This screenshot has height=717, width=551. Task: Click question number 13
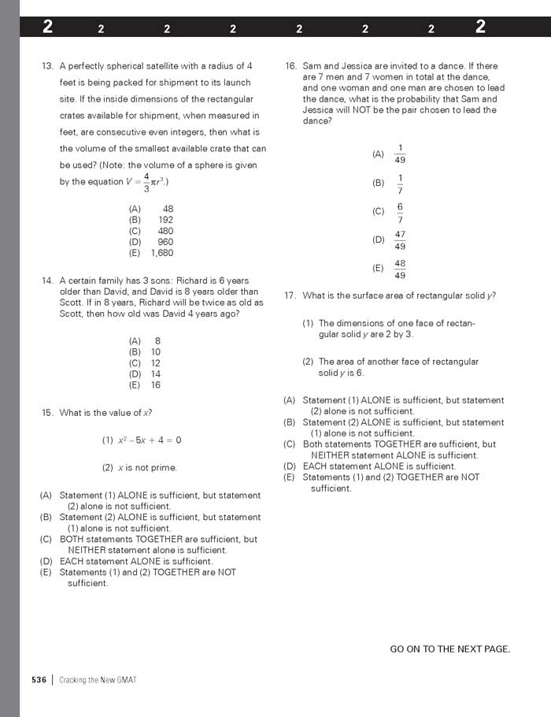point(46,66)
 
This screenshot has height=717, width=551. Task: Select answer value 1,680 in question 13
point(161,253)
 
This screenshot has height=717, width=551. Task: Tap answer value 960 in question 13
point(165,242)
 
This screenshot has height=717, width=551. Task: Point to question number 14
point(46,280)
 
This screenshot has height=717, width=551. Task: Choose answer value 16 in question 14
point(155,385)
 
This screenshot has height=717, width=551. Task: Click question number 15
point(46,413)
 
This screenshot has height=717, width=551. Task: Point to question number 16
point(290,66)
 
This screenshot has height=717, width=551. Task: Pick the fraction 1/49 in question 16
point(400,154)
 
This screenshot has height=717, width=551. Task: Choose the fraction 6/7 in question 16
point(400,212)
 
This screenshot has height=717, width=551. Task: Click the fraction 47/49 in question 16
point(400,240)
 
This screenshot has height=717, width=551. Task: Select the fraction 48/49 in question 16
point(400,269)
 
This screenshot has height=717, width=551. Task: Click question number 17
point(290,295)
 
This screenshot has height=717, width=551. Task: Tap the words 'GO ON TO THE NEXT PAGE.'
point(449,649)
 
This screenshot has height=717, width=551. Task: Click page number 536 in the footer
point(39,680)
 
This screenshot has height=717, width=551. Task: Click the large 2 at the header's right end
point(480,27)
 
